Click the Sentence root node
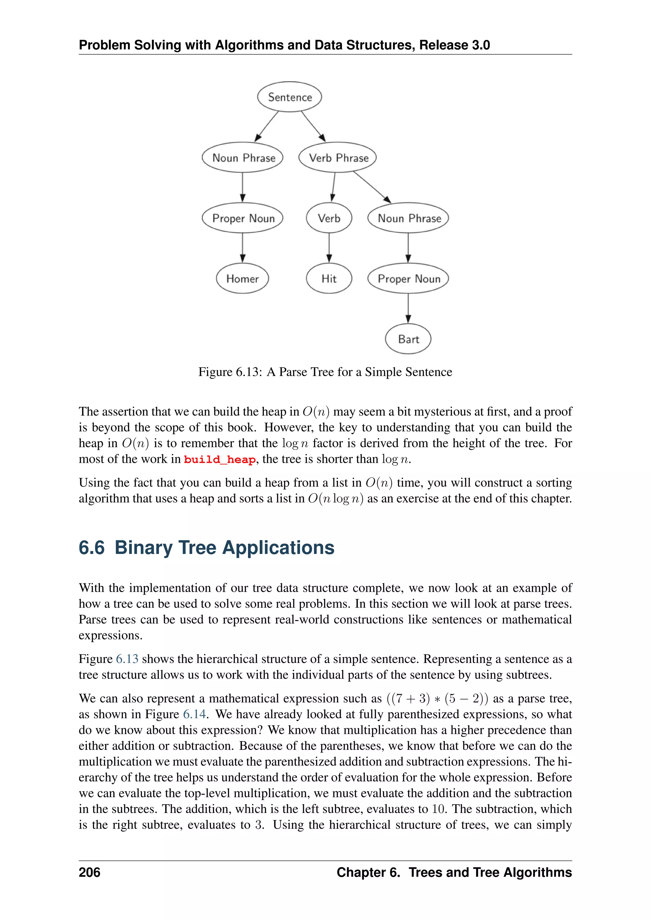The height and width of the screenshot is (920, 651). (290, 97)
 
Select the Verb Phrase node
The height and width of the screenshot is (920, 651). (338, 158)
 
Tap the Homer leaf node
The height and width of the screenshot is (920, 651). (243, 279)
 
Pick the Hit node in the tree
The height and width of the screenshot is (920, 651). (329, 279)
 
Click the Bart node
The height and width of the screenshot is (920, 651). (408, 339)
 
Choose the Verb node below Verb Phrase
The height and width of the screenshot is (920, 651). (329, 218)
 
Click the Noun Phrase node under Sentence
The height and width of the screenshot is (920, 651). (243, 158)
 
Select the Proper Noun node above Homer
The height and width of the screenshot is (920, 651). (243, 218)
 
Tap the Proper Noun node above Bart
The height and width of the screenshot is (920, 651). (408, 279)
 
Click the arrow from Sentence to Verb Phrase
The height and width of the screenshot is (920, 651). (313, 126)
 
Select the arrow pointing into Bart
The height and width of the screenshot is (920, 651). (408, 308)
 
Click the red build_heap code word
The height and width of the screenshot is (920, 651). (220, 460)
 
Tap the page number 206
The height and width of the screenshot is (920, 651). (89, 872)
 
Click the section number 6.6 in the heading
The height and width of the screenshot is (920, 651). (92, 548)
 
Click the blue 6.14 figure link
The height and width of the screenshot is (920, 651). (195, 714)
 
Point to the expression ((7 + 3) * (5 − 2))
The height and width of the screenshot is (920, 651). (437, 698)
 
